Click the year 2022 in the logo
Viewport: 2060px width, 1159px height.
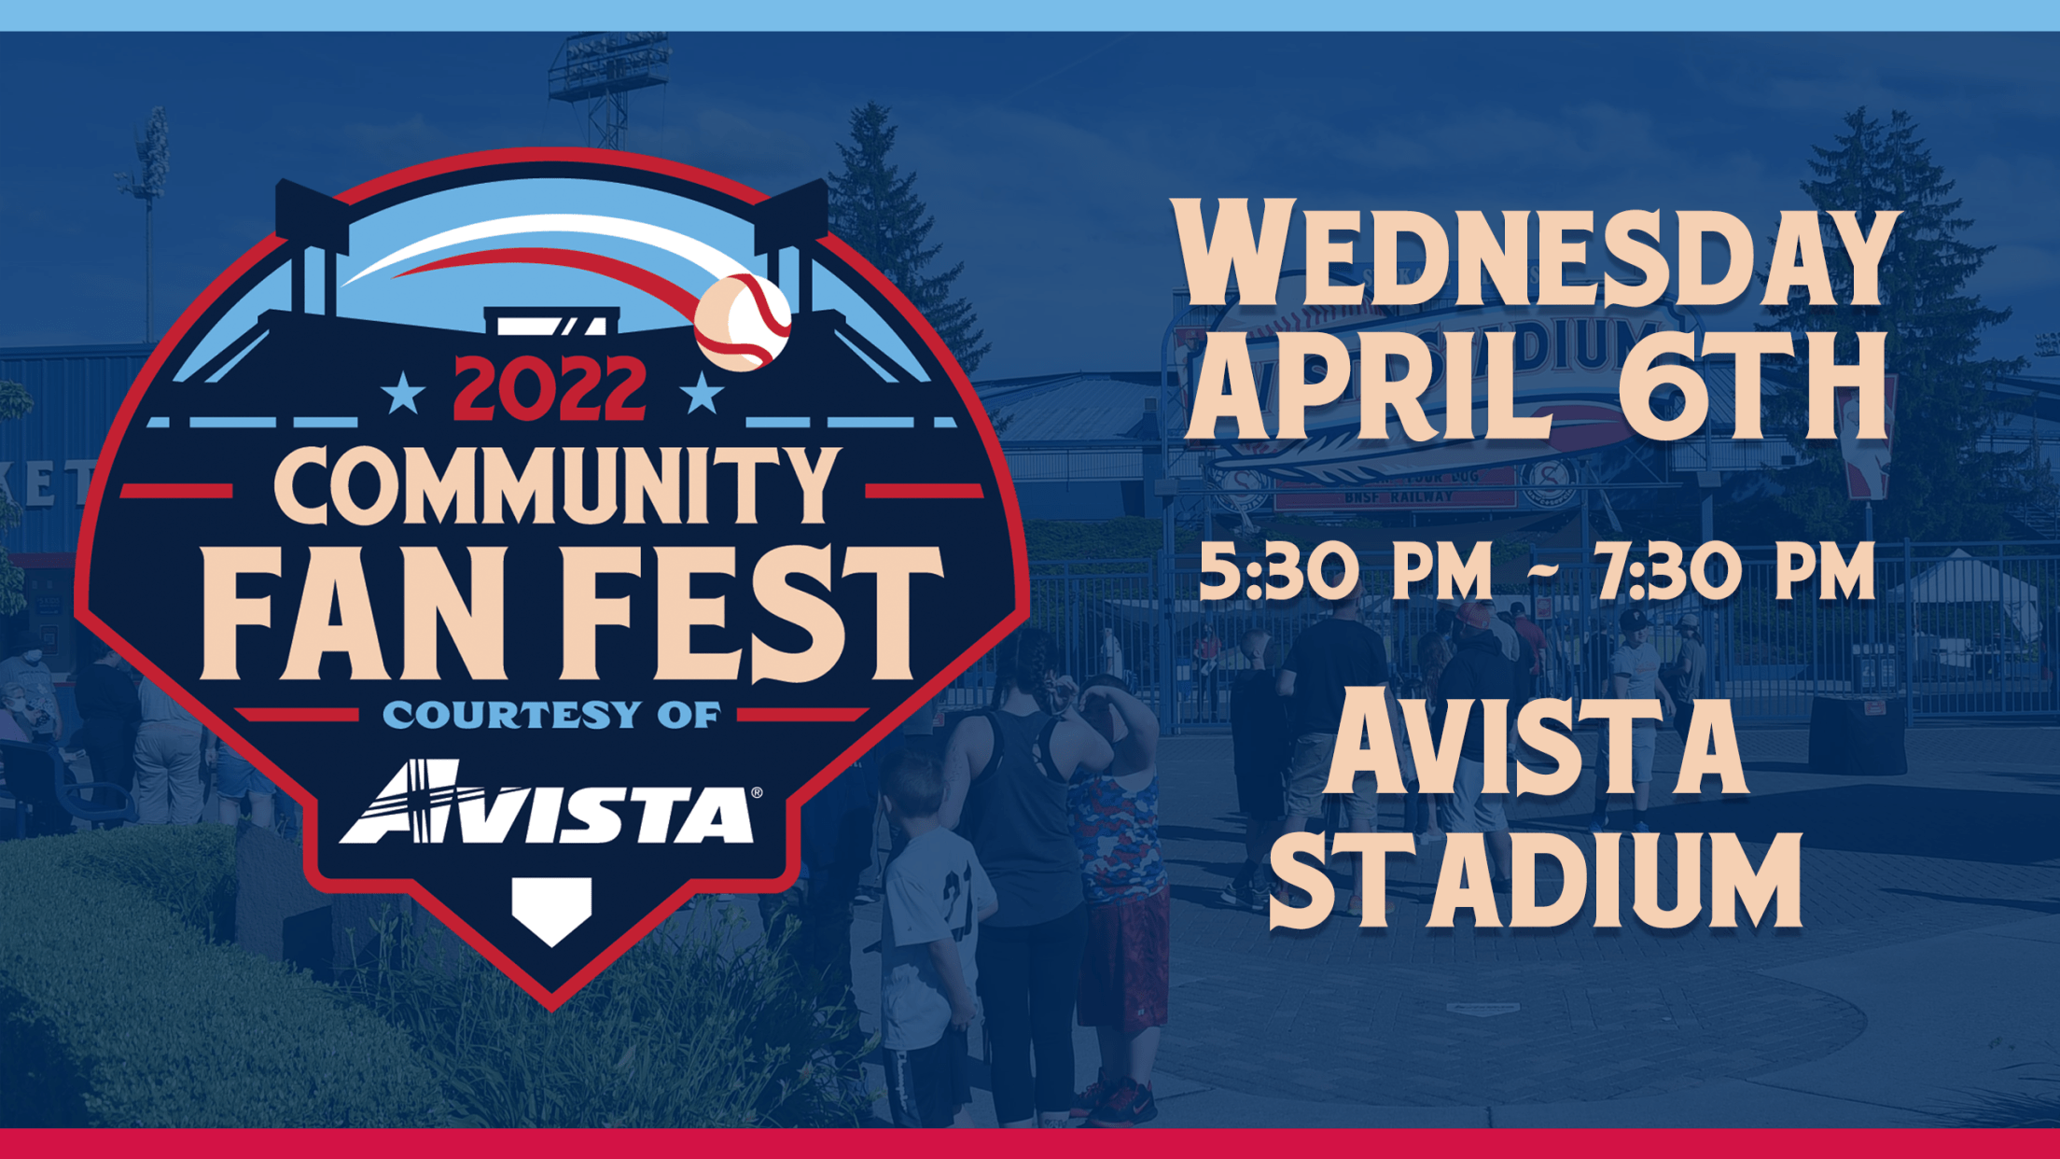coord(550,389)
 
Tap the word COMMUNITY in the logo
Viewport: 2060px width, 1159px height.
coord(557,484)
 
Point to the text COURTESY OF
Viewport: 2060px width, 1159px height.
coord(551,716)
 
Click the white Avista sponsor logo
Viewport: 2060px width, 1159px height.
coord(550,804)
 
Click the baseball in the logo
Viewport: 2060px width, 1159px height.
coord(743,322)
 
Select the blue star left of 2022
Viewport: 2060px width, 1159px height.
coord(404,394)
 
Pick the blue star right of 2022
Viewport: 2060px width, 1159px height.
coord(703,394)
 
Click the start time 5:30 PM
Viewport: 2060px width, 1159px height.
coord(1345,571)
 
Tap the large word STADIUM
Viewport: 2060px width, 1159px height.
coord(1536,881)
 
